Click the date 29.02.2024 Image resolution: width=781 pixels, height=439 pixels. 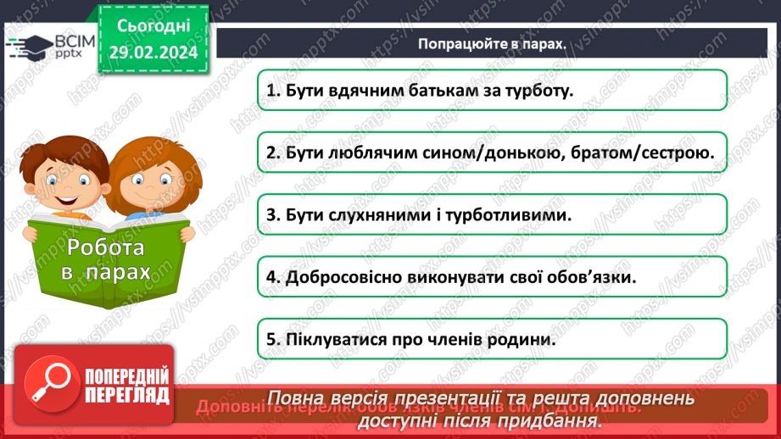click(x=153, y=53)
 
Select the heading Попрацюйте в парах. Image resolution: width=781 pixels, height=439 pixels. click(x=491, y=44)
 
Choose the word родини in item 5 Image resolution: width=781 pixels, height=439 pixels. click(x=529, y=340)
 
